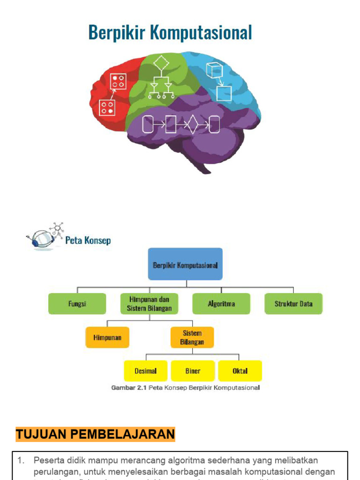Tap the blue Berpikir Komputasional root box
tap(185, 264)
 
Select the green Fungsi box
tap(77, 304)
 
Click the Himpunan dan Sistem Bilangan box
tap(149, 304)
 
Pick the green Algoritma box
tap(221, 304)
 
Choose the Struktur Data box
tap(293, 304)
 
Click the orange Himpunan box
tap(107, 337)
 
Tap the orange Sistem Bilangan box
tap(192, 337)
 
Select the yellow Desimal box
tap(145, 371)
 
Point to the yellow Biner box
tap(193, 371)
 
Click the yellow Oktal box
tap(240, 371)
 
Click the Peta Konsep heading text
tap(88, 241)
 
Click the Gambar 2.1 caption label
tap(128, 388)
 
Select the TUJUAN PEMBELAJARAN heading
tap(95, 435)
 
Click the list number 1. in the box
tap(21, 461)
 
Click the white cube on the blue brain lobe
tap(214, 70)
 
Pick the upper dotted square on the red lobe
tap(118, 81)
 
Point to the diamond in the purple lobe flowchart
tap(192, 125)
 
